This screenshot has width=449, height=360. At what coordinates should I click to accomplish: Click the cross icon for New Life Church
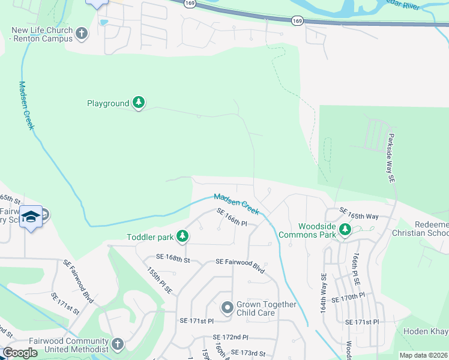click(x=82, y=34)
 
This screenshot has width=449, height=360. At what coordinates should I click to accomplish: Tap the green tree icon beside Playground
click(x=139, y=103)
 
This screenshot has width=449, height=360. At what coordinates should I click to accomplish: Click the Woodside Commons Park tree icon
click(x=345, y=229)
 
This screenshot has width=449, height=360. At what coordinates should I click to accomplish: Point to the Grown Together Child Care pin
click(x=226, y=308)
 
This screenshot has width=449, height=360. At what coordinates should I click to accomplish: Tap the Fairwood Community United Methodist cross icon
click(x=118, y=344)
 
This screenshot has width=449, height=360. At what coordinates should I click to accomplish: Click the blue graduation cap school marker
click(x=31, y=217)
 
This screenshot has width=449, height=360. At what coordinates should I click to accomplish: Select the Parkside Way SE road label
click(x=391, y=158)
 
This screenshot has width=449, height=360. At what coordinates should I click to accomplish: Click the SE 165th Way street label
click(x=359, y=212)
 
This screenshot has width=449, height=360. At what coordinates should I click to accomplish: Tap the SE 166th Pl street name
click(x=232, y=218)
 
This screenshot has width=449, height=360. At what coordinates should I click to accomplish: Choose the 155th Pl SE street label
click(x=160, y=280)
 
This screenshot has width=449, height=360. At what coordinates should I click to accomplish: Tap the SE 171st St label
click(x=65, y=304)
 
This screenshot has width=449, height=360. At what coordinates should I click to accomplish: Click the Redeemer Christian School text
click(x=420, y=229)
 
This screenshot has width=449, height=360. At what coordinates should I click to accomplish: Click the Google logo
click(x=20, y=353)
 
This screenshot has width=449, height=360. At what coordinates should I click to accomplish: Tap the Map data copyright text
click(x=423, y=355)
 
